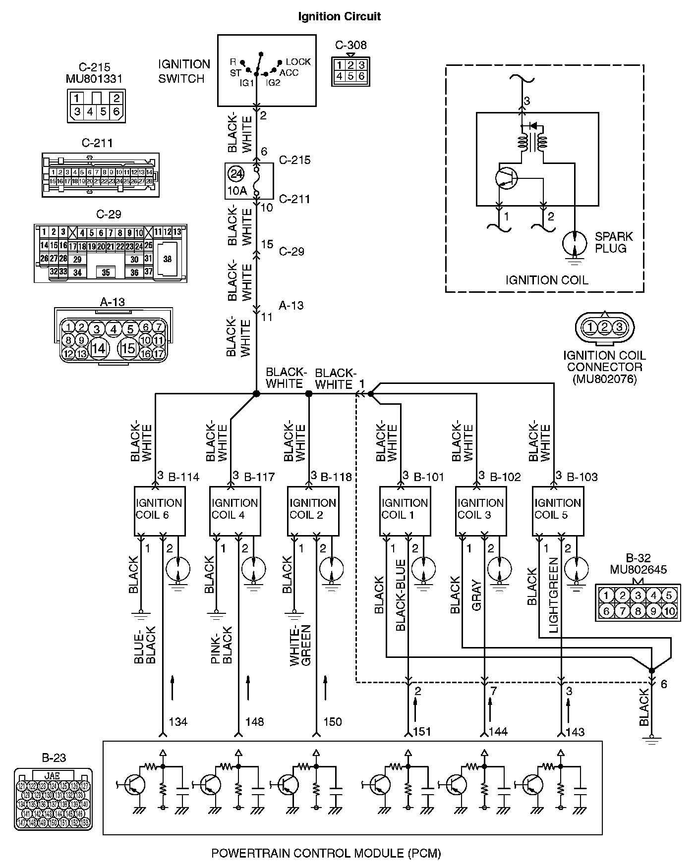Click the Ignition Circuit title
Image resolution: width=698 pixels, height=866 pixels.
(x=339, y=16)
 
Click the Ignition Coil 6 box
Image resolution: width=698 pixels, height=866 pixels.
(x=159, y=510)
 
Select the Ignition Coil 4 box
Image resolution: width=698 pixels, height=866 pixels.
(x=235, y=510)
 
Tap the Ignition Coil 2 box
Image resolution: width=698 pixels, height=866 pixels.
(x=313, y=510)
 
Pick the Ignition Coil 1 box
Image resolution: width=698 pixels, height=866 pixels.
(x=405, y=510)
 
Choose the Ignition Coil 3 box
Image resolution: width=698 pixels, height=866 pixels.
(x=481, y=510)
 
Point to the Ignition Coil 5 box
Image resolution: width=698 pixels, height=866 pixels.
(x=558, y=510)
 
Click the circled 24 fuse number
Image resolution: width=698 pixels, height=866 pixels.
(x=236, y=174)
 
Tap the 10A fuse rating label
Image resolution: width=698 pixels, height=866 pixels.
(x=236, y=191)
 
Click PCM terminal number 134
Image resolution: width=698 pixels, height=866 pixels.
(x=178, y=722)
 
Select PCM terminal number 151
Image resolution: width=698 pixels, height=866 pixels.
(x=422, y=732)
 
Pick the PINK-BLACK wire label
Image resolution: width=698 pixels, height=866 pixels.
(x=221, y=645)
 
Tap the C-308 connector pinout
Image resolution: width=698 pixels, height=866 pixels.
(x=350, y=70)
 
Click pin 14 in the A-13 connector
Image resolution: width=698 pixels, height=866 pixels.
(x=98, y=348)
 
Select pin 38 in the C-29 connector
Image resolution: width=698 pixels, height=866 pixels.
(x=168, y=259)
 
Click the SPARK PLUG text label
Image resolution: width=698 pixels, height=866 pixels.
(x=614, y=242)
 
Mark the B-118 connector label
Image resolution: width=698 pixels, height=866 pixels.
(x=336, y=477)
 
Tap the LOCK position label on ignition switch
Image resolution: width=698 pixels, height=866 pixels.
(x=298, y=62)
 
